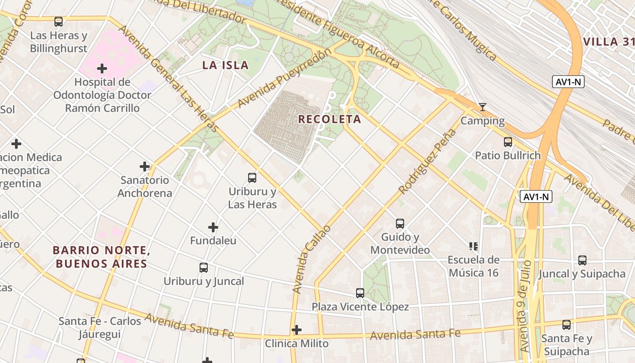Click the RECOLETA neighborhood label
[x=329, y=119]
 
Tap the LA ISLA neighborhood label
[x=225, y=65]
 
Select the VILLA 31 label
[x=608, y=42]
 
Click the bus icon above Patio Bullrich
[x=508, y=142]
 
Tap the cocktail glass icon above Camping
[x=483, y=107]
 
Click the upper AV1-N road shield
[x=568, y=82]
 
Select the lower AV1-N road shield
[x=536, y=197]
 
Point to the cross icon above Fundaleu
[x=213, y=227]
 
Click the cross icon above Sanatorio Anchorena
[x=145, y=167]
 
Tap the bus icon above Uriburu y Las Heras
[x=252, y=178]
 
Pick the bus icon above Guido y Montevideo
[x=400, y=224]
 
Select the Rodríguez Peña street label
[x=427, y=162]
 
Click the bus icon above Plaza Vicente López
[x=360, y=293]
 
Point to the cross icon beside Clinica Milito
[x=297, y=330]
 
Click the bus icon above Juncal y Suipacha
[x=582, y=260]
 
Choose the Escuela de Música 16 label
[x=474, y=266]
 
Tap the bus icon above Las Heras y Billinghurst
[x=59, y=22]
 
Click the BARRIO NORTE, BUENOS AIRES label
[x=101, y=257]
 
